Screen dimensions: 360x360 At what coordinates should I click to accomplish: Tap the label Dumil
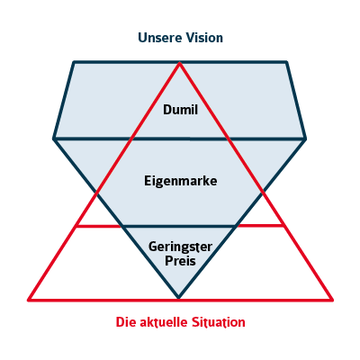tap(180, 110)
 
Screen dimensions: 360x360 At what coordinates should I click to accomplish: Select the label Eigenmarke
tap(181, 181)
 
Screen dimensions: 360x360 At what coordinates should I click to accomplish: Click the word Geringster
tap(180, 247)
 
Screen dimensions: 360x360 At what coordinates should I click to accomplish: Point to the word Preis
tap(180, 261)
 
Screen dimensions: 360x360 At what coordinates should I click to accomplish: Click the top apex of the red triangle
tap(179, 63)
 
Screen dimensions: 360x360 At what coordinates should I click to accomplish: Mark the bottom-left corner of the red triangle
tap(29, 300)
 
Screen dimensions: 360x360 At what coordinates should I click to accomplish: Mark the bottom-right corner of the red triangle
tap(332, 300)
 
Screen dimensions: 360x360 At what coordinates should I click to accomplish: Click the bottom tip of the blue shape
tap(179, 298)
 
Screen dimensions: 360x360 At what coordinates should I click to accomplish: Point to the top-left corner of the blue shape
tap(74, 62)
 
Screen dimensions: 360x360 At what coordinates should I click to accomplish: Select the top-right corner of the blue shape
tap(286, 62)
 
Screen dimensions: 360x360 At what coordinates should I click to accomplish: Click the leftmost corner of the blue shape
tap(54, 139)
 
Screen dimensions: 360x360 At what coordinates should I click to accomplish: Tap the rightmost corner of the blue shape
tap(305, 139)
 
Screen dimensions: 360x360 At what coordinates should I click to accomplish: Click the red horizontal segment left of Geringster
tap(99, 226)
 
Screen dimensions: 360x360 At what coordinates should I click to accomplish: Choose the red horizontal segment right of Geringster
tap(259, 225)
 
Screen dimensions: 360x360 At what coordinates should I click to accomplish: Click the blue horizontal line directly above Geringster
tap(179, 226)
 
